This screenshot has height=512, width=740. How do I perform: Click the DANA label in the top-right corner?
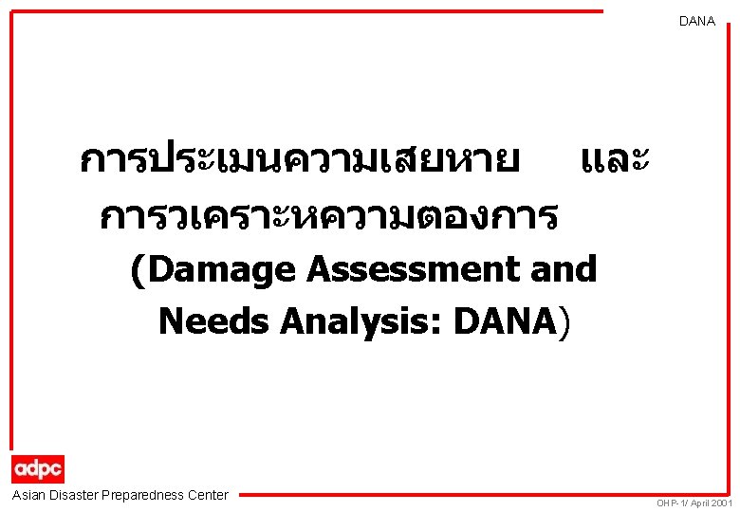click(x=697, y=21)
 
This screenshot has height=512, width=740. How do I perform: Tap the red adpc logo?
click(x=38, y=468)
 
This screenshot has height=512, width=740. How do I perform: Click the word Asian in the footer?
click(x=29, y=495)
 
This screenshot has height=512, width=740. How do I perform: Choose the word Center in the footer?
click(x=209, y=495)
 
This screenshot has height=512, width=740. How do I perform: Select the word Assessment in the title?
click(x=402, y=270)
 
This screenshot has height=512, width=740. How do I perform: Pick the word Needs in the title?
click(x=213, y=321)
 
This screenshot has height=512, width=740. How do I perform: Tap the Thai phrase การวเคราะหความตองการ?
click(x=328, y=218)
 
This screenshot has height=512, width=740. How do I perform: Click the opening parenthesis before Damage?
click(x=139, y=271)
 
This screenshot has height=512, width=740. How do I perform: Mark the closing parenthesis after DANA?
click(x=566, y=322)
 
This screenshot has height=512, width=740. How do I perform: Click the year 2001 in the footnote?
click(x=720, y=503)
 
